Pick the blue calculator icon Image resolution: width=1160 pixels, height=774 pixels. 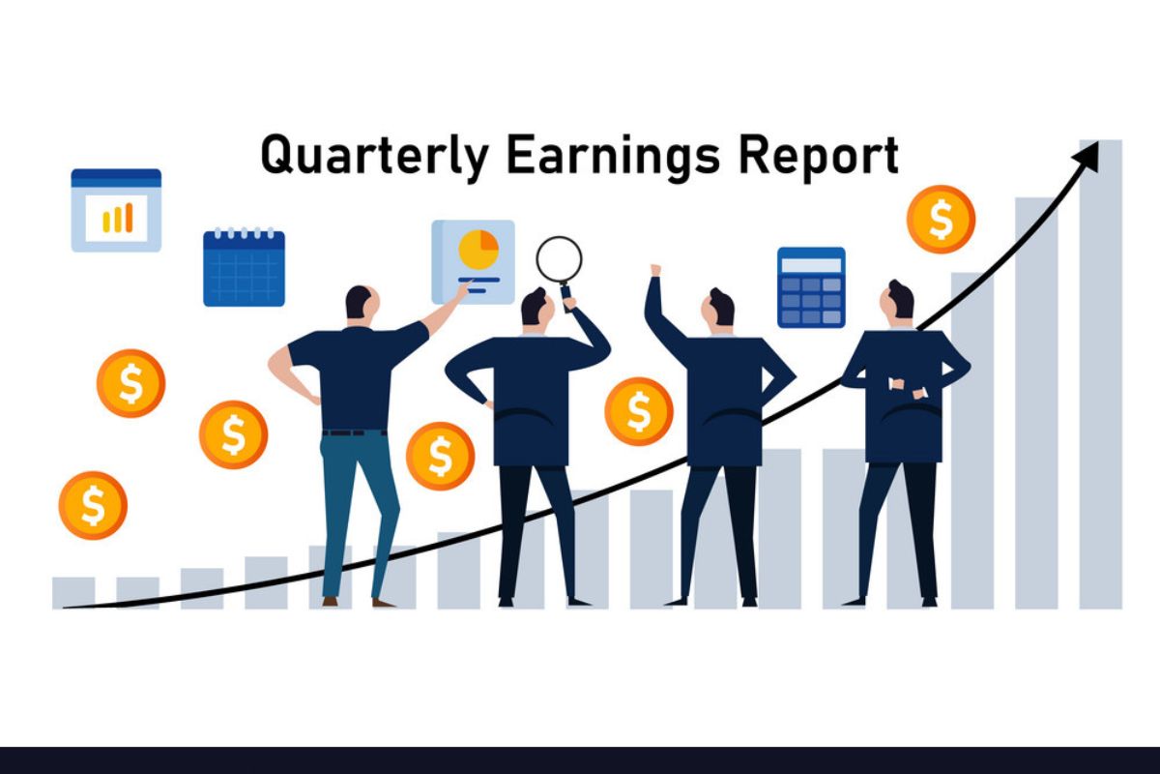pos(811,287)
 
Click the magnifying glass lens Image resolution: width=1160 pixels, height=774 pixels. pos(559,259)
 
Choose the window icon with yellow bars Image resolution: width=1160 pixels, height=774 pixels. pos(116,210)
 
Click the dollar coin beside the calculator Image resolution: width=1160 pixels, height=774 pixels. pos(940,220)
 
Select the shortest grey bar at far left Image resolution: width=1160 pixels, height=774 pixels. pos(73,592)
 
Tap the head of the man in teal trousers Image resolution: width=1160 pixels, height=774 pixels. pos(360,302)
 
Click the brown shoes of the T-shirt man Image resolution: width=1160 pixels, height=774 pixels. pos(357,602)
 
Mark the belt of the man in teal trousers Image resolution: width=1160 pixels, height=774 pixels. pos(355,432)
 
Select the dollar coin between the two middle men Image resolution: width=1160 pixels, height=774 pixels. pos(638,411)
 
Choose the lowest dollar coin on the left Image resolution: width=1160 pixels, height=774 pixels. pos(93,505)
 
